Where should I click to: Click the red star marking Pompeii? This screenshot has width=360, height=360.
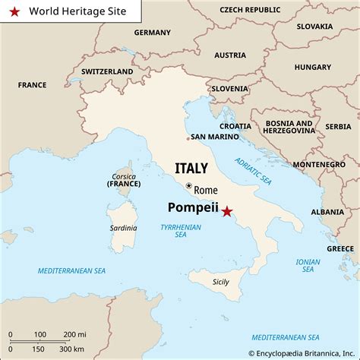tap(226, 213)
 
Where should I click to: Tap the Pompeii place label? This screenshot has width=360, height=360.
tap(192, 207)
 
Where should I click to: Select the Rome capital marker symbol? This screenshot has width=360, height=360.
tap(188, 185)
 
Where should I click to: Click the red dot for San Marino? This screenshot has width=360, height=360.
tap(188, 138)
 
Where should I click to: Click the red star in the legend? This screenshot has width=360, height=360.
tap(14, 11)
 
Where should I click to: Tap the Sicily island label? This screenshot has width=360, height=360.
tap(220, 282)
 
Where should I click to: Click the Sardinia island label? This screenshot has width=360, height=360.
tap(123, 228)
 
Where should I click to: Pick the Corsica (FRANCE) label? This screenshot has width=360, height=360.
tap(123, 179)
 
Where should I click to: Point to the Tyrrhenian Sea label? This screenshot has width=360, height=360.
tap(180, 231)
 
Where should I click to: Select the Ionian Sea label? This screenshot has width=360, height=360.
tap(308, 264)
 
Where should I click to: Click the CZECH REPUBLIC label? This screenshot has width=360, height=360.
tap(249, 9)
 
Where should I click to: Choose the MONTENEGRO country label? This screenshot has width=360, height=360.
tap(318, 164)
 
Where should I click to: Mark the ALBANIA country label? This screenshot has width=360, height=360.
tap(327, 212)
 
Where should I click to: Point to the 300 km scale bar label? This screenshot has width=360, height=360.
tap(73, 348)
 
